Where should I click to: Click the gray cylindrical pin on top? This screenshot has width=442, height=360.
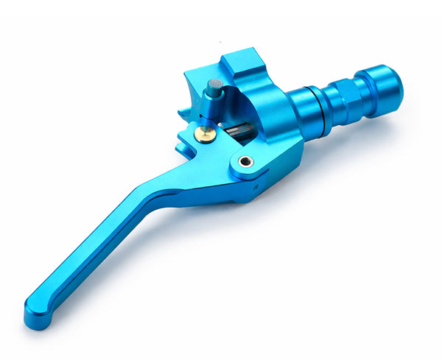(214, 88)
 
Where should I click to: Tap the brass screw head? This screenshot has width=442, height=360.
(206, 133)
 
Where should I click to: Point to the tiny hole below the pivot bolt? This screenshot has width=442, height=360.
(256, 187)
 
